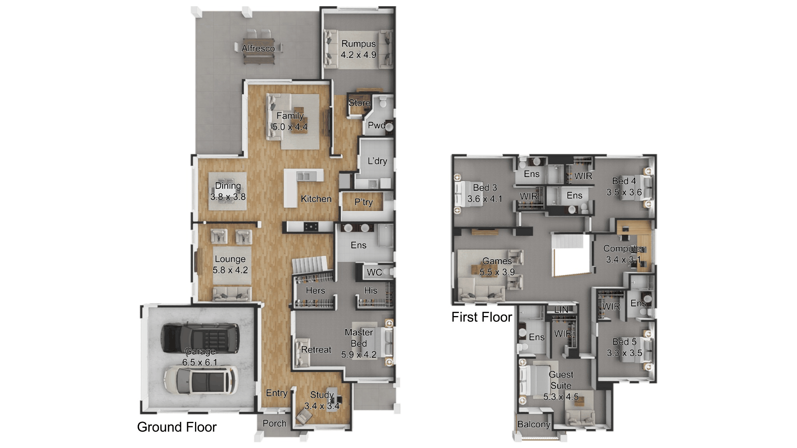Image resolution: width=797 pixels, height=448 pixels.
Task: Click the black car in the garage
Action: (200, 337)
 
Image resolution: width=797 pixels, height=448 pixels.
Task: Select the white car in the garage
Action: (200, 380)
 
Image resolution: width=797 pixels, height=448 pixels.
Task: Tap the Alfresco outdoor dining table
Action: (258, 48)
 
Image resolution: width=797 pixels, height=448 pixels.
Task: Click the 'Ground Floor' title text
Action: (177, 427)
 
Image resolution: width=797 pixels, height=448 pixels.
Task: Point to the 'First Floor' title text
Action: (481, 317)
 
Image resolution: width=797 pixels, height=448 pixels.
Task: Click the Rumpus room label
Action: (358, 44)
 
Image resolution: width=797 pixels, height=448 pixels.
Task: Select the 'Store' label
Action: (359, 103)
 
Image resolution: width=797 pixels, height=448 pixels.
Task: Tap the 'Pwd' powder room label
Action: (376, 125)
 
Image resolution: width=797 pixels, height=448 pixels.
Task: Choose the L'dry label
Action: (377, 161)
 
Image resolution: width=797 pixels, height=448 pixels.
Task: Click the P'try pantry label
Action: (363, 202)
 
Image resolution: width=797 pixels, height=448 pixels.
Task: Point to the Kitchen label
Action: (316, 199)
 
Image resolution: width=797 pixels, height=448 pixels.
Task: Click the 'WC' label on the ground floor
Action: (374, 272)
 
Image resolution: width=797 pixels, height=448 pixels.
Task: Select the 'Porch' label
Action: (274, 423)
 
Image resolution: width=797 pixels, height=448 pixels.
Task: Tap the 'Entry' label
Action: (277, 393)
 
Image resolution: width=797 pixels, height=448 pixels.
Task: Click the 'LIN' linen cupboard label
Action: (561, 310)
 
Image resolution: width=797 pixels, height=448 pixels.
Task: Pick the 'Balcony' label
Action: (534, 424)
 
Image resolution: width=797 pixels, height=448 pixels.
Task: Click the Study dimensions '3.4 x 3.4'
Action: (322, 406)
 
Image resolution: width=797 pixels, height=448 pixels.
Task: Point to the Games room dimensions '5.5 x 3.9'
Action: (497, 272)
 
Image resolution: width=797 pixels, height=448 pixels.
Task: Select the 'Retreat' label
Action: (316, 350)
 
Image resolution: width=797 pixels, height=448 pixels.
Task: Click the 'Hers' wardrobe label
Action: (315, 290)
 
